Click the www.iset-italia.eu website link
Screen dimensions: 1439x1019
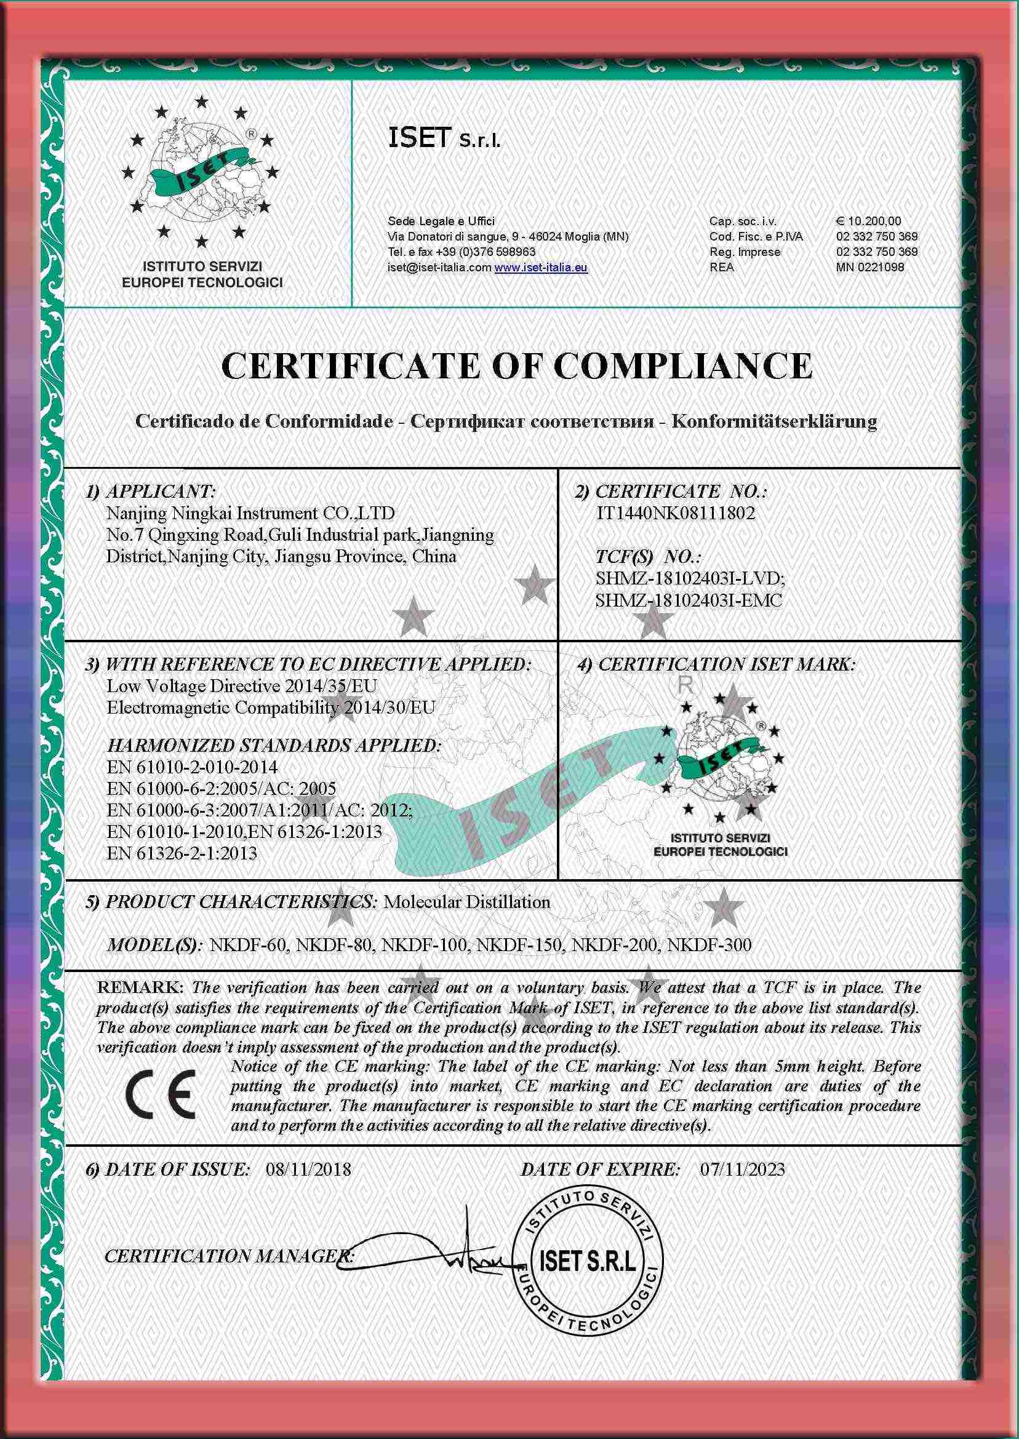(541, 267)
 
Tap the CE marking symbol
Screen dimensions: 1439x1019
(161, 1094)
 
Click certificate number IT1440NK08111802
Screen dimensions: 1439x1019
(675, 514)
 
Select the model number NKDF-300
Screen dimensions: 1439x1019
(709, 945)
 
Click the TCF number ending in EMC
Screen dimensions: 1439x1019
(689, 600)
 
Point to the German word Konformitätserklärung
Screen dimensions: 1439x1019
(774, 421)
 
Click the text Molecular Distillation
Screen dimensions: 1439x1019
(466, 902)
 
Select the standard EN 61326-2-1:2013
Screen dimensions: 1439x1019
(182, 853)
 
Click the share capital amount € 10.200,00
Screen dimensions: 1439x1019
(868, 221)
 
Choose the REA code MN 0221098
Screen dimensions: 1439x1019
(870, 267)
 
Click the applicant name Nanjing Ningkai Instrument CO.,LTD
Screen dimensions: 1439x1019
(250, 514)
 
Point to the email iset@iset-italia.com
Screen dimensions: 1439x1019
(439, 267)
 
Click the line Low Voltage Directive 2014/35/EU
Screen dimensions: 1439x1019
(242, 686)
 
